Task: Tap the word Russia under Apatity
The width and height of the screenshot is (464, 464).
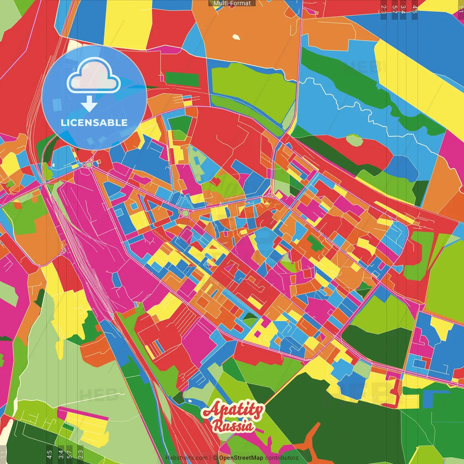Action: pyautogui.click(x=233, y=426)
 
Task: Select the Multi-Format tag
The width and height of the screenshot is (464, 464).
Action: pyautogui.click(x=232, y=3)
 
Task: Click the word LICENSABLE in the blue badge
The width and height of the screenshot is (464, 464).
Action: pyautogui.click(x=94, y=123)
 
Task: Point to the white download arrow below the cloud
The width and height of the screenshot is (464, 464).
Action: pyautogui.click(x=89, y=104)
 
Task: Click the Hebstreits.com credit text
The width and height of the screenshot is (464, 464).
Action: pyautogui.click(x=186, y=458)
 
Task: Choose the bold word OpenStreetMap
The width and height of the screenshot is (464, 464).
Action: pyautogui.click(x=241, y=458)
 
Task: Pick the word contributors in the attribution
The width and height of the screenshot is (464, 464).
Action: pyautogui.click(x=282, y=458)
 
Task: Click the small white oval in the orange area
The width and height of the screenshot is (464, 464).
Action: pyautogui.click(x=236, y=37)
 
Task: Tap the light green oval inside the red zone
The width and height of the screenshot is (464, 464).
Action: pyautogui.click(x=354, y=140)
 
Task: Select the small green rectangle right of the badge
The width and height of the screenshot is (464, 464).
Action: pyautogui.click(x=182, y=79)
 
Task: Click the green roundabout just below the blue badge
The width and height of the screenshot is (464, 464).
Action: pyautogui.click(x=89, y=165)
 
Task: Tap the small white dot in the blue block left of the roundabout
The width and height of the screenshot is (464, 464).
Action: pyautogui.click(x=54, y=165)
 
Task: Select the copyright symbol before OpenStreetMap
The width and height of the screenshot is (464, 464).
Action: pyautogui.click(x=215, y=458)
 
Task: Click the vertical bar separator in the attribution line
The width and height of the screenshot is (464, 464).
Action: pyautogui.click(x=210, y=458)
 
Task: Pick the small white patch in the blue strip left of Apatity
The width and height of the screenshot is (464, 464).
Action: pyautogui.click(x=190, y=401)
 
